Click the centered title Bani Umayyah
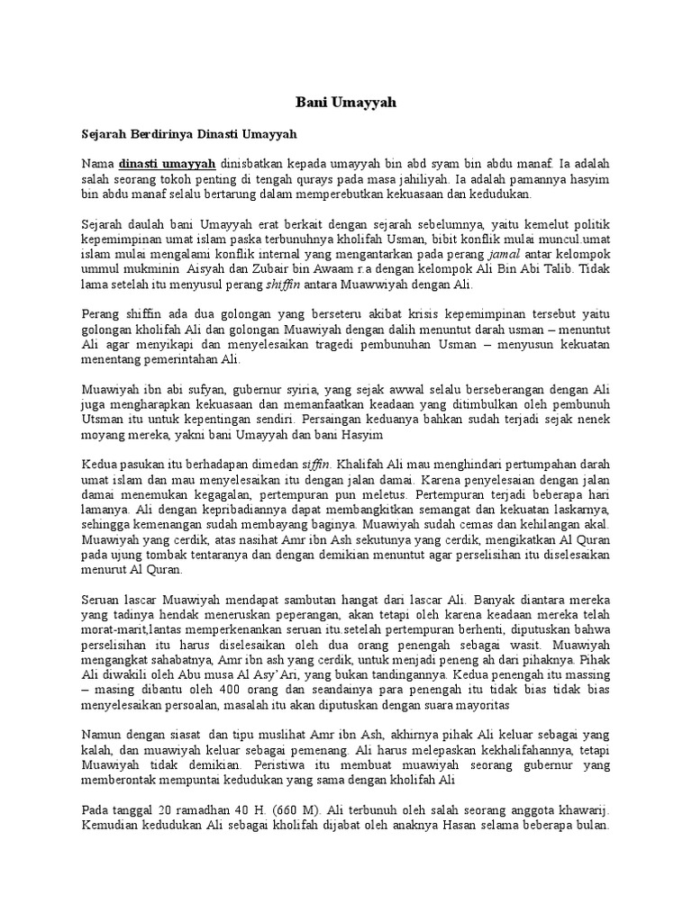(346, 104)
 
